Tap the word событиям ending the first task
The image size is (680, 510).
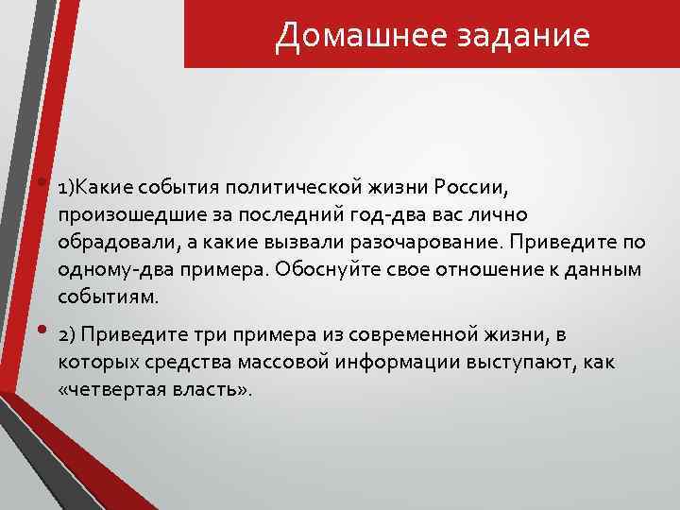pyautogui.click(x=109, y=297)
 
